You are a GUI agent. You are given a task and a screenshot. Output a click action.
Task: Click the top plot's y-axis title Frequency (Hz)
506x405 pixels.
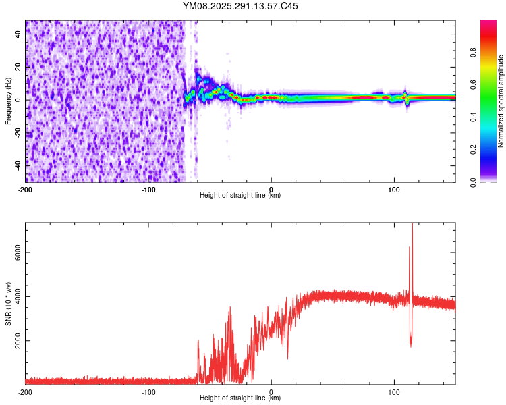pyautogui.click(x=8, y=101)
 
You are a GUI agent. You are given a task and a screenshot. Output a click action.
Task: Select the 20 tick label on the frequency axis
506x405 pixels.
pyautogui.click(x=19, y=67)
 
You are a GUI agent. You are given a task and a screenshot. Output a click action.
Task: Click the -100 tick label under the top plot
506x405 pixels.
pyautogui.click(x=148, y=188)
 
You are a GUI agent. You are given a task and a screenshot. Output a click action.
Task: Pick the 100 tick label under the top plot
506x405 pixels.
pyautogui.click(x=394, y=188)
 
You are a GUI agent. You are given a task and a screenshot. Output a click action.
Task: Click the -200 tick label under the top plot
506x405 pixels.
pyautogui.click(x=26, y=188)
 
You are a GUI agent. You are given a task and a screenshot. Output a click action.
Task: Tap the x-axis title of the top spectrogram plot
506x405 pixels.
pyautogui.click(x=240, y=196)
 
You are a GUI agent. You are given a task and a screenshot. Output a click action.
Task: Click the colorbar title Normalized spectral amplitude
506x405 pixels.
pyautogui.click(x=501, y=101)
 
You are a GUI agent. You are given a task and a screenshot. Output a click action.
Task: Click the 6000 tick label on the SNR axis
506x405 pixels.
pyautogui.click(x=15, y=252)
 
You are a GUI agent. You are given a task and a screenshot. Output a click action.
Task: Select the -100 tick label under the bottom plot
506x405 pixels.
pyautogui.click(x=148, y=391)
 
